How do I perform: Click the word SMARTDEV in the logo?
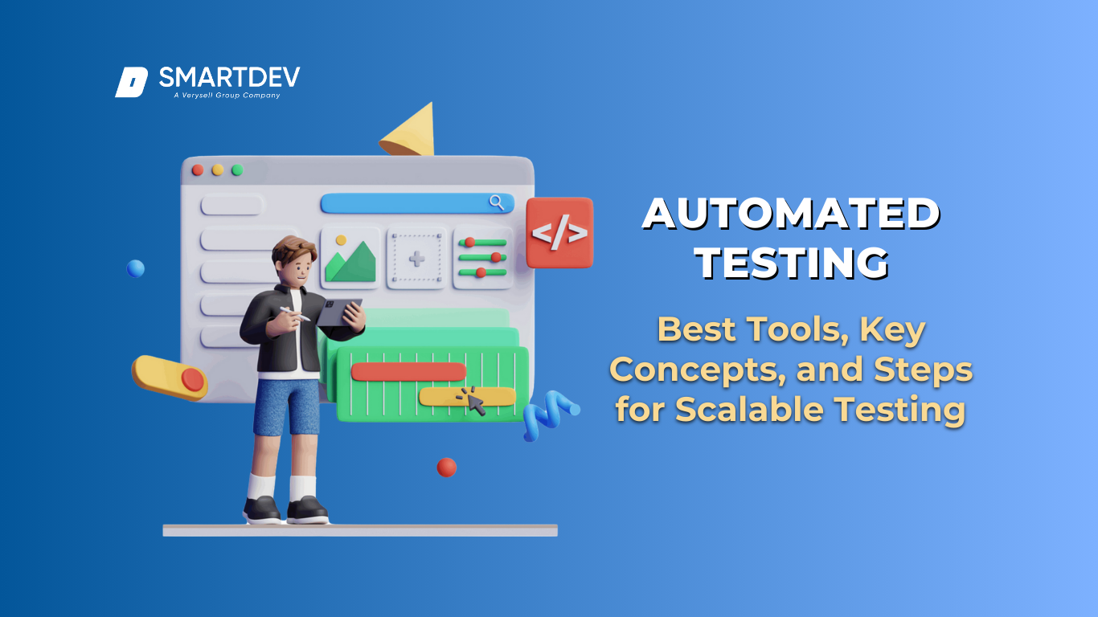point(229,77)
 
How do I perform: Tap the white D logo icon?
point(131,82)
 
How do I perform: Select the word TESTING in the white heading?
point(793,264)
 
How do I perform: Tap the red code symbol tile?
point(559,233)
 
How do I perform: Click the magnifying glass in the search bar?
point(497,202)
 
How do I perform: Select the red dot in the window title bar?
point(198,170)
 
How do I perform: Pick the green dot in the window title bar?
point(237,170)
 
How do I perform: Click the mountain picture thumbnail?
point(350,258)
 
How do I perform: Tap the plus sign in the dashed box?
point(416,258)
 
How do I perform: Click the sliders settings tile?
point(483,258)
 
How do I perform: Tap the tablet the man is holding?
point(338,313)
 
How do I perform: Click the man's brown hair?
point(293,249)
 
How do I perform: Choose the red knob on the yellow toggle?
point(193,379)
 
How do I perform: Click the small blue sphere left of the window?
point(136,268)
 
